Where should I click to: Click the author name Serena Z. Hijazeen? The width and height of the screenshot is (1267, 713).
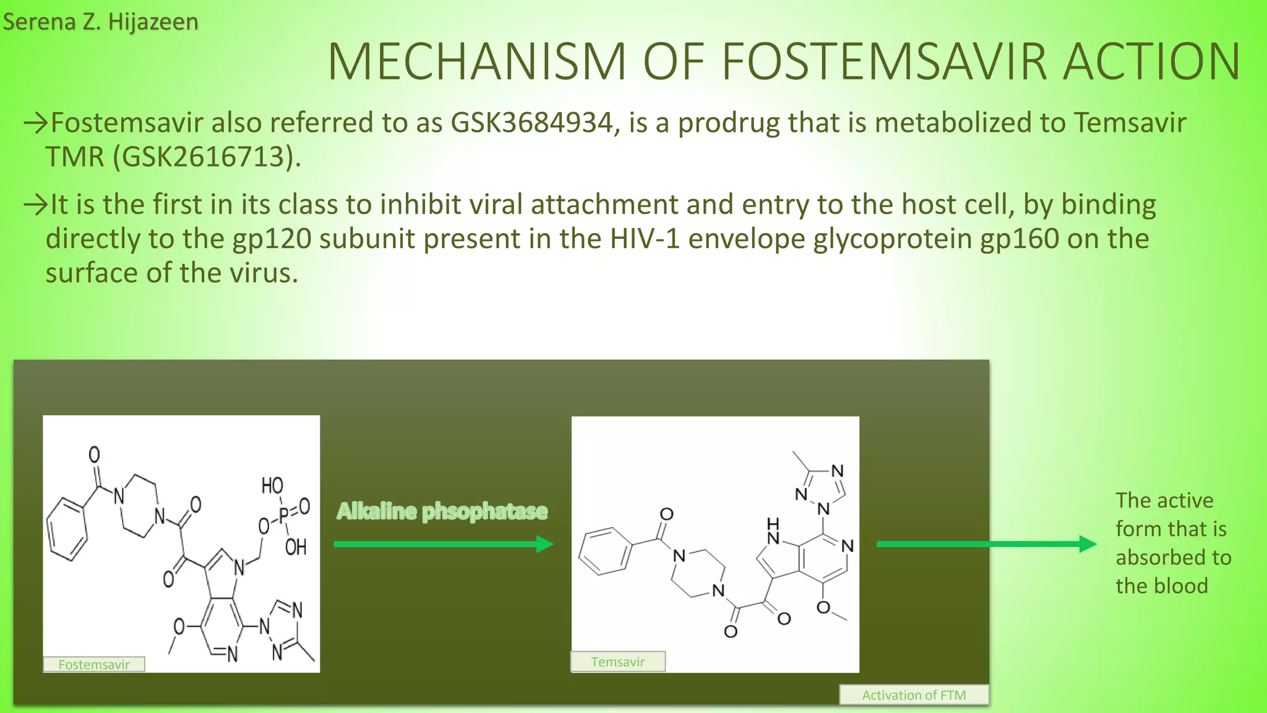pos(100,22)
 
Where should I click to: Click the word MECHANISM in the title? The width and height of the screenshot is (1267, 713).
pos(476,62)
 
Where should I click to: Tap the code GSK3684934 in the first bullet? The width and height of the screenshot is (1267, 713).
pos(531,123)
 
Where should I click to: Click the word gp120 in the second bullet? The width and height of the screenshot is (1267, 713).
pos(271,239)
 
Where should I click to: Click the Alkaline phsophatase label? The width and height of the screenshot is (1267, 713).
pos(442,512)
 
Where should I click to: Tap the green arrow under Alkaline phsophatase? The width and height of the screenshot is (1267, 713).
pos(443,545)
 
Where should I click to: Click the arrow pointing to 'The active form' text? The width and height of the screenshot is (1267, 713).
pos(986,545)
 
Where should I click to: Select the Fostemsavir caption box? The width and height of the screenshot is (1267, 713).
pos(94,665)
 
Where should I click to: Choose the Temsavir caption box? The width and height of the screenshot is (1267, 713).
pos(617,662)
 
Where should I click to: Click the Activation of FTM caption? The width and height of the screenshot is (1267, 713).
pos(914,695)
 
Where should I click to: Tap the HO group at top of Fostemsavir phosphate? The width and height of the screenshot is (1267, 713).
pos(272,486)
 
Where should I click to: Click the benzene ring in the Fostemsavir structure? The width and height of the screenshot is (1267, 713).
pos(67,529)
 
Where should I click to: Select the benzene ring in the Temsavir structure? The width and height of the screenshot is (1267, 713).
pos(606,551)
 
